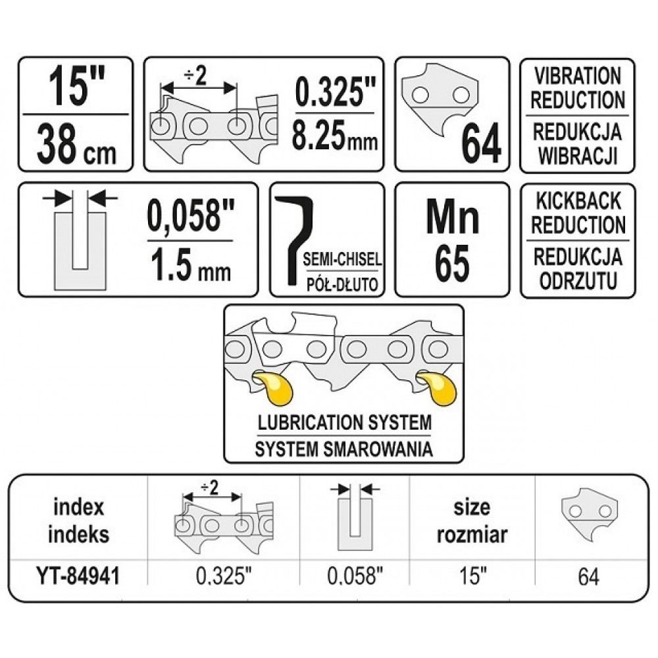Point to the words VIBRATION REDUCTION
577,88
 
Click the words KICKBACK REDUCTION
577,213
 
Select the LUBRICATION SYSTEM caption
343,421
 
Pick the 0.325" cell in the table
224,577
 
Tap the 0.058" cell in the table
355,577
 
